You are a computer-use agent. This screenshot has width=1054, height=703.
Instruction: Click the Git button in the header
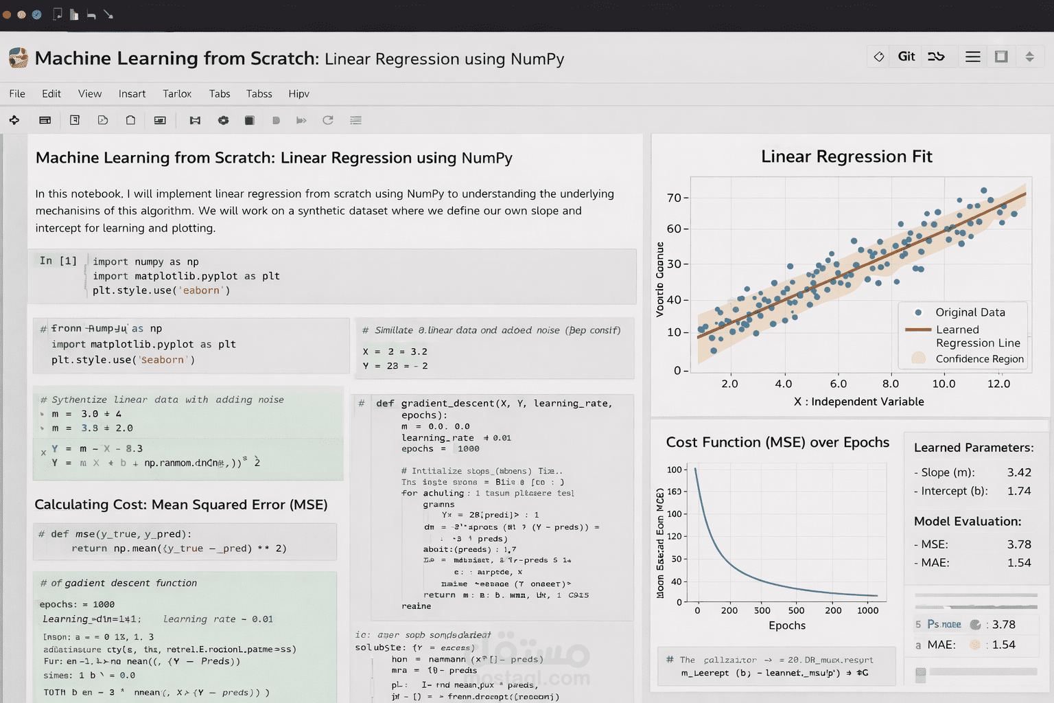[x=906, y=57]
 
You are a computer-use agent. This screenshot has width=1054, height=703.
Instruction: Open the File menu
[x=17, y=94]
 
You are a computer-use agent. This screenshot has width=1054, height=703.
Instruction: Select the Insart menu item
[x=132, y=94]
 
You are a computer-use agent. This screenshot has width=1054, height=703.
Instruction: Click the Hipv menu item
[x=298, y=94]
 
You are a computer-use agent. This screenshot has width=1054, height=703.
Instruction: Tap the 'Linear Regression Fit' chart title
[x=846, y=157]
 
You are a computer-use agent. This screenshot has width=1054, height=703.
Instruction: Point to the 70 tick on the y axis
[x=674, y=198]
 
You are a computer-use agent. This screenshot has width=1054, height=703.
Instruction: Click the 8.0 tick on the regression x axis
[x=890, y=384]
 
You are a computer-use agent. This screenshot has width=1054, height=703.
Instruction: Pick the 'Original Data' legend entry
[x=970, y=312]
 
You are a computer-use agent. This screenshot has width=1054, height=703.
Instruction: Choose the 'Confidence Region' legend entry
[x=979, y=359]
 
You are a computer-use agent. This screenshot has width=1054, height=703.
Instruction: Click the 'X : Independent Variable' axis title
[x=858, y=402]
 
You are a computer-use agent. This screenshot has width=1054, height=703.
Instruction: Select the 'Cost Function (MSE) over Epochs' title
[x=777, y=443]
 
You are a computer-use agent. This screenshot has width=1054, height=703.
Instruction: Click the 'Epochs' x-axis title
[x=787, y=625]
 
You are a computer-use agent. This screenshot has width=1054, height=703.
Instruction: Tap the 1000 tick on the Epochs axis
[x=867, y=610]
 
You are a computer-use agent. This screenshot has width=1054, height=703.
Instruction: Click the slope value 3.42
[x=1019, y=472]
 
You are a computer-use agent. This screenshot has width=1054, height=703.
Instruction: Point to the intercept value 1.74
[x=1019, y=491]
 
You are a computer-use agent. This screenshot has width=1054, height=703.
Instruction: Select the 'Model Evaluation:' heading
[x=968, y=522]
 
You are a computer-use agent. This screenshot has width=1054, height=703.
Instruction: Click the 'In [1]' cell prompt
[x=58, y=261]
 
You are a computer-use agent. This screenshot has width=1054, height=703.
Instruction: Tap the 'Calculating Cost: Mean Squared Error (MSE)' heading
[x=181, y=505]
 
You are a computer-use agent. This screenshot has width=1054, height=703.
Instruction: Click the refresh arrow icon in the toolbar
[x=328, y=120]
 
